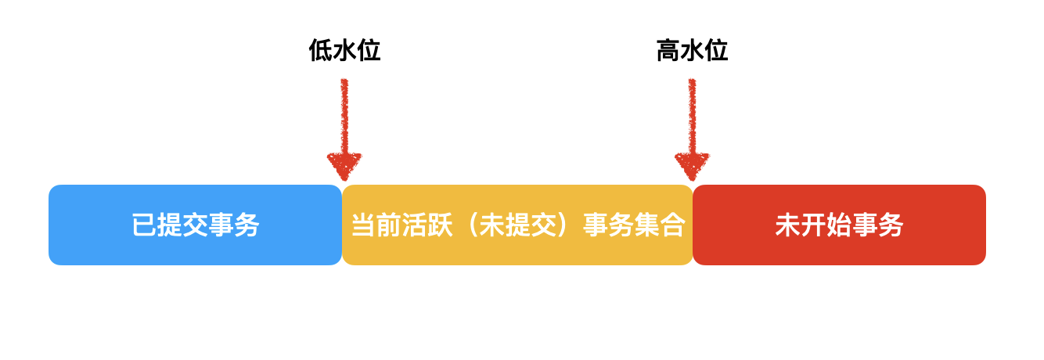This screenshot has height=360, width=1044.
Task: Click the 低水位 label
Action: [x=344, y=50]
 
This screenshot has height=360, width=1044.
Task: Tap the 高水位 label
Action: [x=692, y=50]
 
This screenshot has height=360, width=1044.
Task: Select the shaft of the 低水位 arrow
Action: [x=344, y=117]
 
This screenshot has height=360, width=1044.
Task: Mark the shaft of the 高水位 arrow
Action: [x=692, y=117]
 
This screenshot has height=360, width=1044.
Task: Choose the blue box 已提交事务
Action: [x=196, y=225]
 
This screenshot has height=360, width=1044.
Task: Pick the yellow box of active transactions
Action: [x=517, y=225]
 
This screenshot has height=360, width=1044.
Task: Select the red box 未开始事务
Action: [x=839, y=225]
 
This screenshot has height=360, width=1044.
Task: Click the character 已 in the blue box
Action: [x=144, y=225]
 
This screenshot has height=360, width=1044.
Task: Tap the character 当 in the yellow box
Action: [x=364, y=225]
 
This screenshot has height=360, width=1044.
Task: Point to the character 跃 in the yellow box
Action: [x=440, y=225]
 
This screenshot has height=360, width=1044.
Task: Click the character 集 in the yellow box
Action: [x=647, y=225]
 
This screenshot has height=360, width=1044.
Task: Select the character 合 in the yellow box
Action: [x=672, y=225]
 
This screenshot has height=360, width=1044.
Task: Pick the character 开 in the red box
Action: [x=813, y=225]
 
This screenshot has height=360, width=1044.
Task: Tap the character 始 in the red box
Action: [x=839, y=225]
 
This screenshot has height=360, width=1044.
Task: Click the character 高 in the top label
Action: [x=668, y=50]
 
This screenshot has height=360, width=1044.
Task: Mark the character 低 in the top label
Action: [x=321, y=50]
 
